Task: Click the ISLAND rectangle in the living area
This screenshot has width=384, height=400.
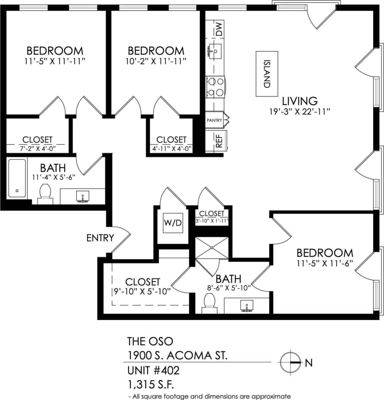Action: click(x=266, y=74)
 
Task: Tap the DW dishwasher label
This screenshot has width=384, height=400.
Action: click(x=220, y=28)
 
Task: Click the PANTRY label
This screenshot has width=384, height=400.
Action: click(x=214, y=120)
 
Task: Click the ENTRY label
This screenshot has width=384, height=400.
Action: click(x=100, y=238)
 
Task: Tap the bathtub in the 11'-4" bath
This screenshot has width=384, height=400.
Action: click(x=17, y=178)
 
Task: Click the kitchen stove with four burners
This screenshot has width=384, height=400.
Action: click(x=215, y=86)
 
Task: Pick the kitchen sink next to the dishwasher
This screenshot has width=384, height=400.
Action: click(x=215, y=50)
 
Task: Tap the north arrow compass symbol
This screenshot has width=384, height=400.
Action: click(x=290, y=362)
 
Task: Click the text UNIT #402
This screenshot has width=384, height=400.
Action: click(x=153, y=370)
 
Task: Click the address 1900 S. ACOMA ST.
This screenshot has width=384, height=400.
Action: click(x=177, y=356)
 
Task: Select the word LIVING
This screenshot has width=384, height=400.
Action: click(x=300, y=101)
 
